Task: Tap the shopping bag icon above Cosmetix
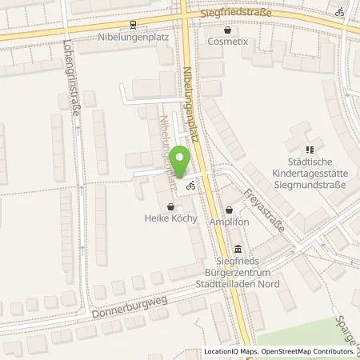click(228, 30)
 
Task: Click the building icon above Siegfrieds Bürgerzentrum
click(238, 248)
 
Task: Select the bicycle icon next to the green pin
click(191, 185)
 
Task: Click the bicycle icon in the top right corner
click(340, 12)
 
